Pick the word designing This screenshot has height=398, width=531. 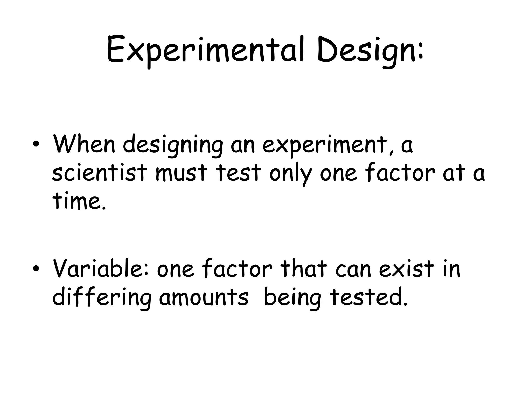(173, 145)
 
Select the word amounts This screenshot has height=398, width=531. (204, 298)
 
